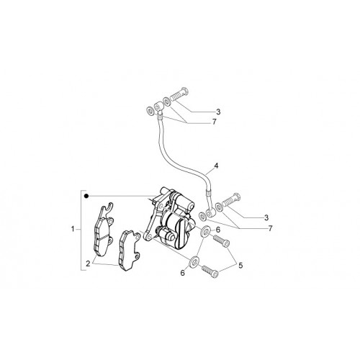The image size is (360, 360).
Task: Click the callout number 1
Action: click(x=73, y=229)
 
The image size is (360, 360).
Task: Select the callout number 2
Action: click(x=88, y=264)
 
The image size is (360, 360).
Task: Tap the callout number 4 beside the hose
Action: click(x=216, y=166)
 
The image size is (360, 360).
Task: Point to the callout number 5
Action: click(x=240, y=266)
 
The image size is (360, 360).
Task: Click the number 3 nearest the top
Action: click(x=218, y=112)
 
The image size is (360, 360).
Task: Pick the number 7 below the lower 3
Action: click(x=271, y=228)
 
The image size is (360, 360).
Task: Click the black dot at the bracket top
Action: click(x=86, y=197)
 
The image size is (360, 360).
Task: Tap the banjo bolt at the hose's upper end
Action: click(x=179, y=94)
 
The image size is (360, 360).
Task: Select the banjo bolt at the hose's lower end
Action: click(x=231, y=199)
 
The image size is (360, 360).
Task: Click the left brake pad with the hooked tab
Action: click(x=103, y=230)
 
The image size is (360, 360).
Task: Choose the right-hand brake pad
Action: click(x=130, y=251)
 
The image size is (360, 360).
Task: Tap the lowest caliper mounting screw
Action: click(x=210, y=271)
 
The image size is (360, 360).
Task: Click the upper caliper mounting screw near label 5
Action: click(x=221, y=240)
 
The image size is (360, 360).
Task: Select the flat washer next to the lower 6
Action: click(x=194, y=262)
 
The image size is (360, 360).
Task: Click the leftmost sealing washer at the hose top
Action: click(x=150, y=112)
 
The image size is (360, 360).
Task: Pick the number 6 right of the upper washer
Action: click(x=218, y=230)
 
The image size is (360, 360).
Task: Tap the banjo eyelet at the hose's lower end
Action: click(x=210, y=212)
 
